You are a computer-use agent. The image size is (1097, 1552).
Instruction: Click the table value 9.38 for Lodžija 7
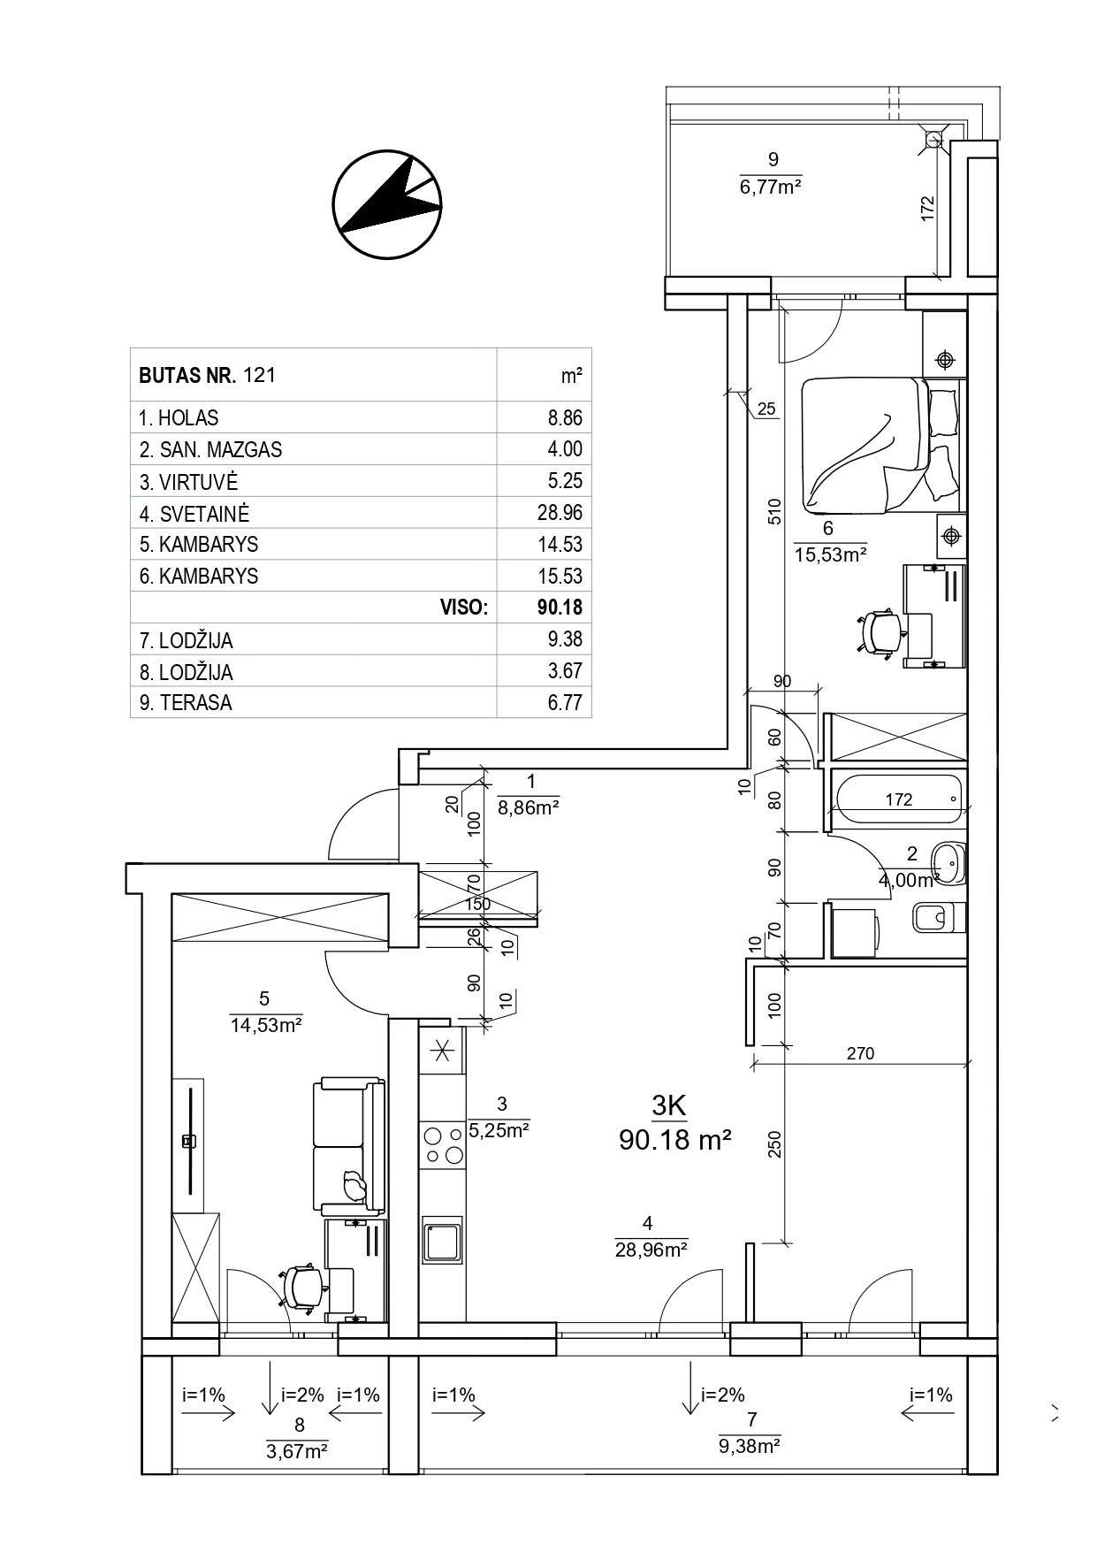pyautogui.click(x=566, y=639)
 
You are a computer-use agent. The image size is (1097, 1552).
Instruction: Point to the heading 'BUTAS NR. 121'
pyautogui.click(x=208, y=375)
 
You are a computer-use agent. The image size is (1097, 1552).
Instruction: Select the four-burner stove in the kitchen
pyautogui.click(x=442, y=1144)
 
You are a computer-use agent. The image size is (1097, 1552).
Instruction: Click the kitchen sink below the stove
pyautogui.click(x=442, y=1242)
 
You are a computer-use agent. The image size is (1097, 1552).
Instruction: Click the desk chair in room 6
pyautogui.click(x=880, y=631)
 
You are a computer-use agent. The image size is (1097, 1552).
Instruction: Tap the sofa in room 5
pyautogui.click(x=349, y=1146)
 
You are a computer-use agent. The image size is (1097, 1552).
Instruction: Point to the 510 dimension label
pyautogui.click(x=774, y=514)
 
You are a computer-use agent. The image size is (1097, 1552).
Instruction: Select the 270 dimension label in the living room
pyautogui.click(x=860, y=1052)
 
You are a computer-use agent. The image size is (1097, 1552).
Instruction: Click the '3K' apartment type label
pyautogui.click(x=669, y=1105)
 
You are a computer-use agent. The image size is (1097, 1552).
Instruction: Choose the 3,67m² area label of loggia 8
pyautogui.click(x=297, y=1450)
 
